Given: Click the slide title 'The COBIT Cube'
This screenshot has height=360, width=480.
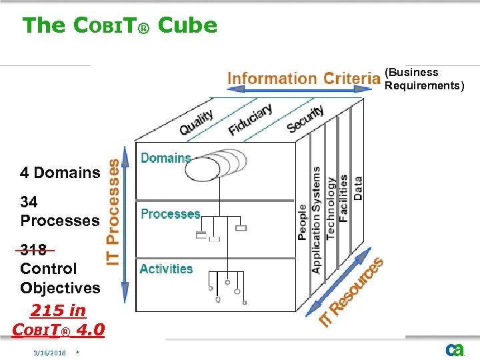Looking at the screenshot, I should click(120, 25).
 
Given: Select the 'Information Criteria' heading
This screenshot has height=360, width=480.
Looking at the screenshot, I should click(303, 78).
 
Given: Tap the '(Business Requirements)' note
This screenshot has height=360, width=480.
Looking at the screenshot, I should click(424, 79).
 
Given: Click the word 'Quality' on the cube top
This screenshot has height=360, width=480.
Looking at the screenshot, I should click(196, 121).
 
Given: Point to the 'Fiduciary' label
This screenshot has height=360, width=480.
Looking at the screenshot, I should click(250, 119).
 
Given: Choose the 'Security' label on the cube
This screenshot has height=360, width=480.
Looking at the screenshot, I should click(305, 118).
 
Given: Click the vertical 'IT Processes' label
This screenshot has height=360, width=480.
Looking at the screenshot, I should click(114, 211).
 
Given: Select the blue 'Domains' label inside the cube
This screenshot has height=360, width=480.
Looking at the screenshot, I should click(166, 158).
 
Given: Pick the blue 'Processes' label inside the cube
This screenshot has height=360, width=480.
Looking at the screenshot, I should click(171, 214).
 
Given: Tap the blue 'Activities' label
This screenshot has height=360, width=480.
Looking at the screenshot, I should click(166, 269).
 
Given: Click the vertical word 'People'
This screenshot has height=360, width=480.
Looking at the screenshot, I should click(303, 222).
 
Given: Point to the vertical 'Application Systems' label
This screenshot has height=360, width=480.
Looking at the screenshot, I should click(316, 220).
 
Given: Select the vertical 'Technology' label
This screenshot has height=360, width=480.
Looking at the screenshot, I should click(331, 207).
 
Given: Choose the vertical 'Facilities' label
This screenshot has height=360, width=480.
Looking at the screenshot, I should click(343, 199).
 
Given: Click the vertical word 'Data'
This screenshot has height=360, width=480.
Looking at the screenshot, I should click(358, 188).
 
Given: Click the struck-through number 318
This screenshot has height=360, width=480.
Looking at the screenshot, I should click(33, 250).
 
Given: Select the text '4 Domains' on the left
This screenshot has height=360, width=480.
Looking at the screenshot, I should click(60, 173).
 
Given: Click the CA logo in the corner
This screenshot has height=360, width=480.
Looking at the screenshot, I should click(455, 349).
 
